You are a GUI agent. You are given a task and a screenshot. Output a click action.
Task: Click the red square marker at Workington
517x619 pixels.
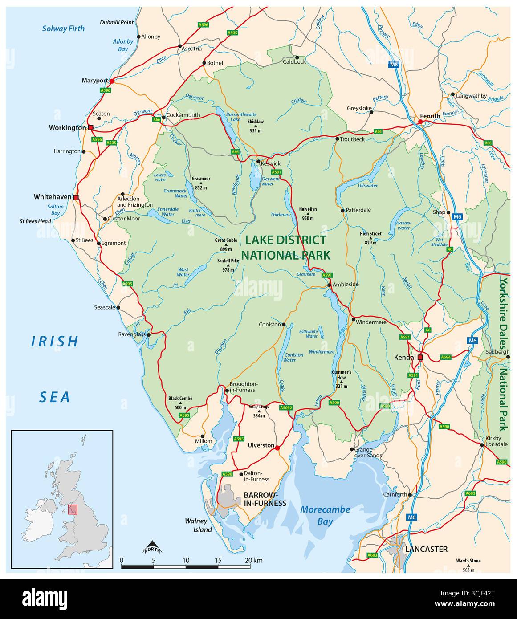coord(91,127)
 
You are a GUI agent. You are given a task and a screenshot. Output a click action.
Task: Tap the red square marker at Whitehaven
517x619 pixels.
coord(76,197)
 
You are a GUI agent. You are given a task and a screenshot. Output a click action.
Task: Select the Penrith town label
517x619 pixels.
coord(430,116)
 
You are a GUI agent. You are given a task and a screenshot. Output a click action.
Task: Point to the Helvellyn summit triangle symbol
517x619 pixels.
coord(308,214)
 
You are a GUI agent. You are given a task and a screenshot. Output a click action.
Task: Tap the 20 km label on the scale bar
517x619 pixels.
coord(253,560)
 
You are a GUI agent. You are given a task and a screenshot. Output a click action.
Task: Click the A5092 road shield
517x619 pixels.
coord(286,407)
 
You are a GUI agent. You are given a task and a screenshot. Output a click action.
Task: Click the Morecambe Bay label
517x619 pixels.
coord(325,515)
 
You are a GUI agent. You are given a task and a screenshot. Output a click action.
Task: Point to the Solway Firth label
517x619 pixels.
coord(63,29)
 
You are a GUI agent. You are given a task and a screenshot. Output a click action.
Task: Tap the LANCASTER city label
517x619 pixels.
coord(426,549)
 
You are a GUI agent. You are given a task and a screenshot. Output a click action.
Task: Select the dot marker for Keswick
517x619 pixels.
coord(258,161)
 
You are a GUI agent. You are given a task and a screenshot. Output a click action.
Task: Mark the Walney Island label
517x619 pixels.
coord(199,525)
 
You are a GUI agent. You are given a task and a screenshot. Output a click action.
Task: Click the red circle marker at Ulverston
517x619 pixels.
coord(277,448)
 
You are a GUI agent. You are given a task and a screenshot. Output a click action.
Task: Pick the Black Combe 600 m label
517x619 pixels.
coord(180,403)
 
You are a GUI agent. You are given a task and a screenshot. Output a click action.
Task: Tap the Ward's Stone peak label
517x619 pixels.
coord(468,564)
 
